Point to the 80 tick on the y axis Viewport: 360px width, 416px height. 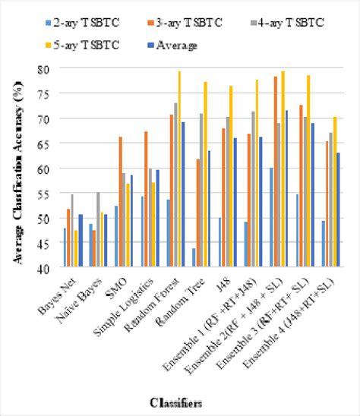(47, 68)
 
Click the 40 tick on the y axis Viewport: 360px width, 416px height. (47, 268)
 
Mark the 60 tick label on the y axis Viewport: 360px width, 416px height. (47, 168)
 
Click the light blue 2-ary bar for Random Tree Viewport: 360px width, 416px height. (194, 258)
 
